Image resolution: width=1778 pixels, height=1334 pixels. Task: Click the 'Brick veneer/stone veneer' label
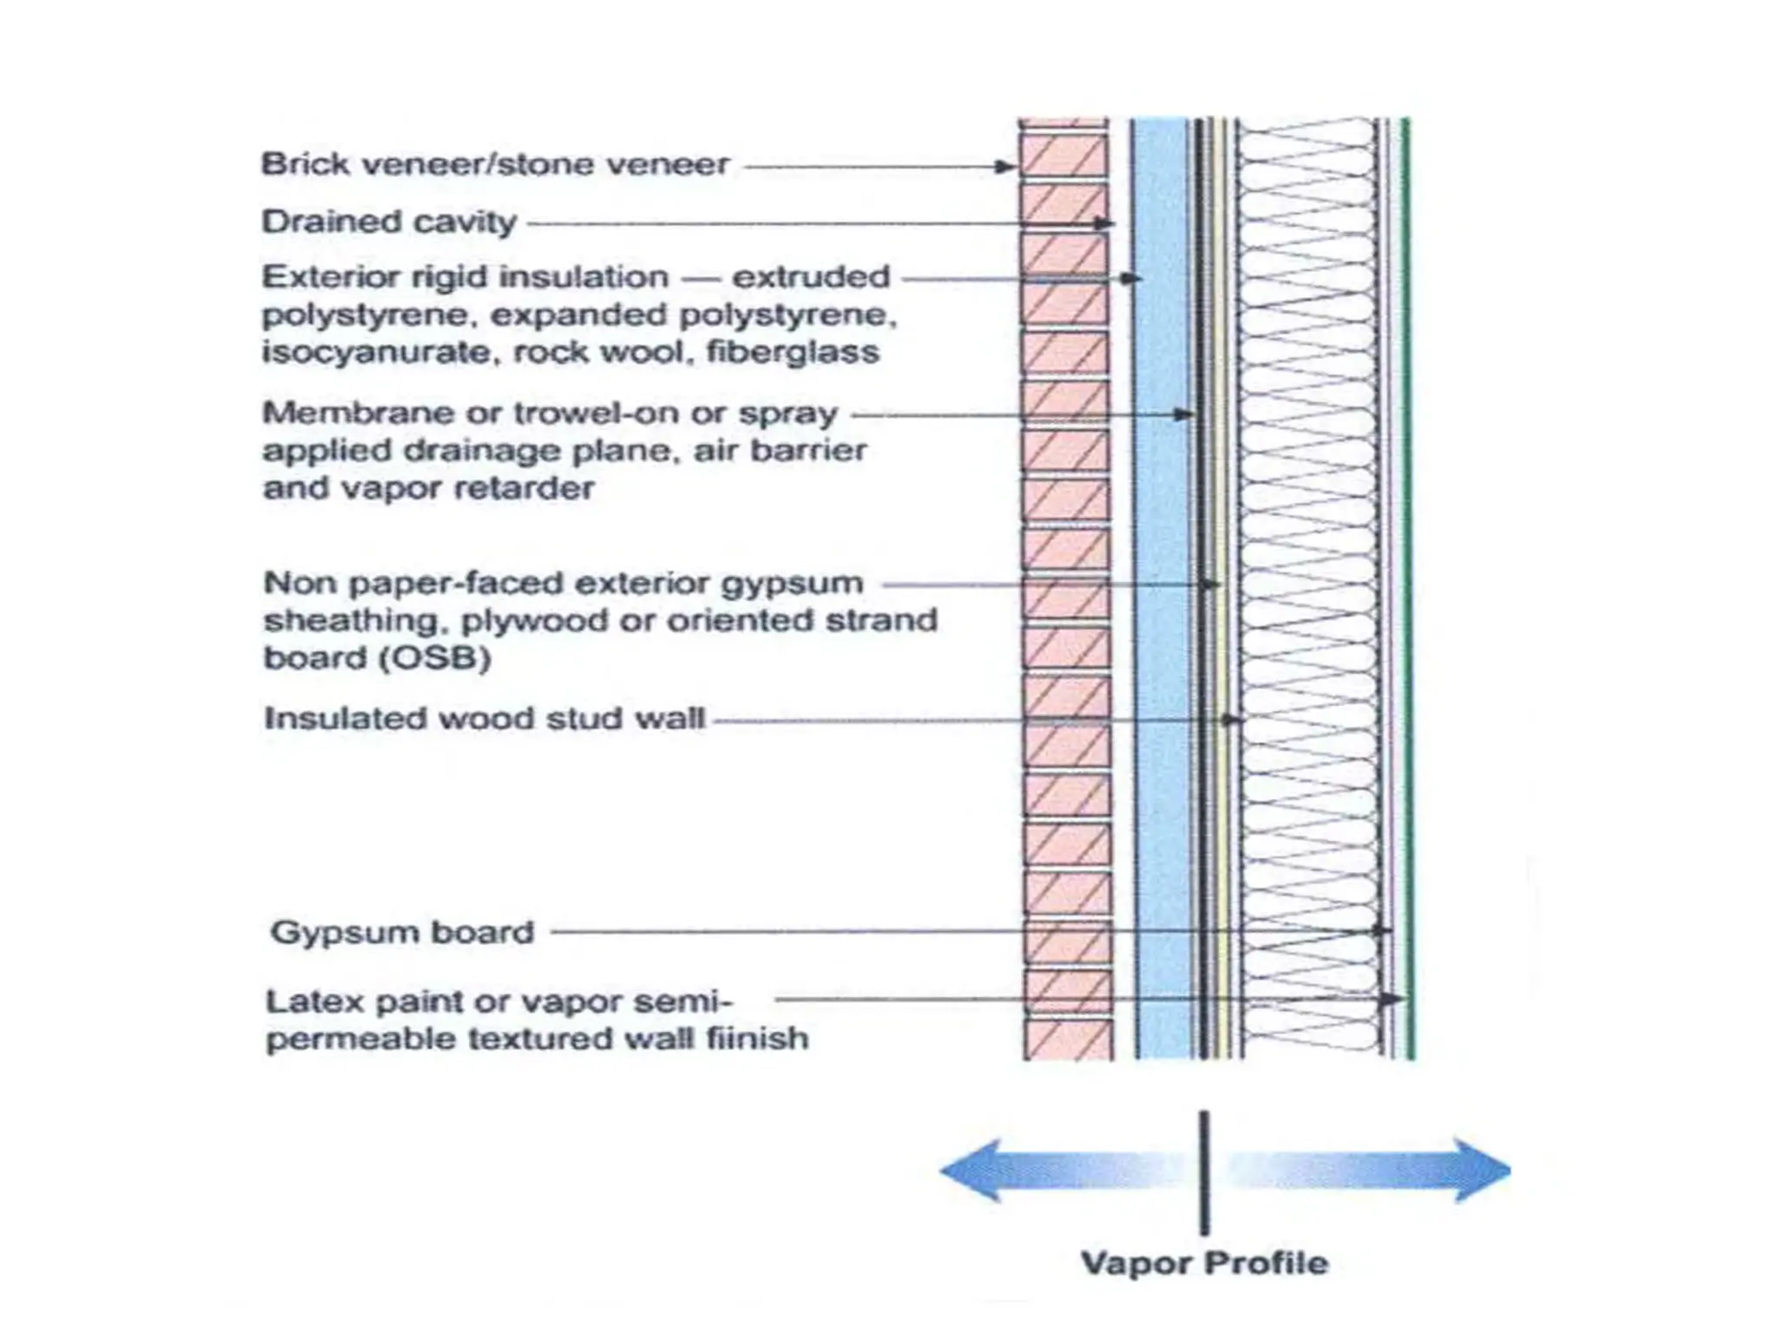coord(495,164)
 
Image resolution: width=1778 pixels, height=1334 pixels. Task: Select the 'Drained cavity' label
coord(389,222)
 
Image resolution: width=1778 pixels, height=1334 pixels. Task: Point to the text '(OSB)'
coord(434,657)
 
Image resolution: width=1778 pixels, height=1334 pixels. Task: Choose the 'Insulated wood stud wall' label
coord(484,719)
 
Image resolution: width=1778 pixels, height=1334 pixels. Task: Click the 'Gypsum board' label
coord(402,933)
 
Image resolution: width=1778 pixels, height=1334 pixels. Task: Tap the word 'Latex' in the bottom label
coord(305,1001)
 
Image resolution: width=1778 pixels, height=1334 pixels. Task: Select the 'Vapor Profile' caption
coord(1204,1263)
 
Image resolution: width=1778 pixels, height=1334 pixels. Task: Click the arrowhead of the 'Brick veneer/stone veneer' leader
coord(1008,167)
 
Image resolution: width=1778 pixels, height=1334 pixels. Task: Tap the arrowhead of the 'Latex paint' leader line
coord(1394,1000)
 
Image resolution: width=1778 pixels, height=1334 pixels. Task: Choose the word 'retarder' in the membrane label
coord(542,489)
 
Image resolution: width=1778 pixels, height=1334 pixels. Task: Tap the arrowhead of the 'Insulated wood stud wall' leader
coord(1230,720)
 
